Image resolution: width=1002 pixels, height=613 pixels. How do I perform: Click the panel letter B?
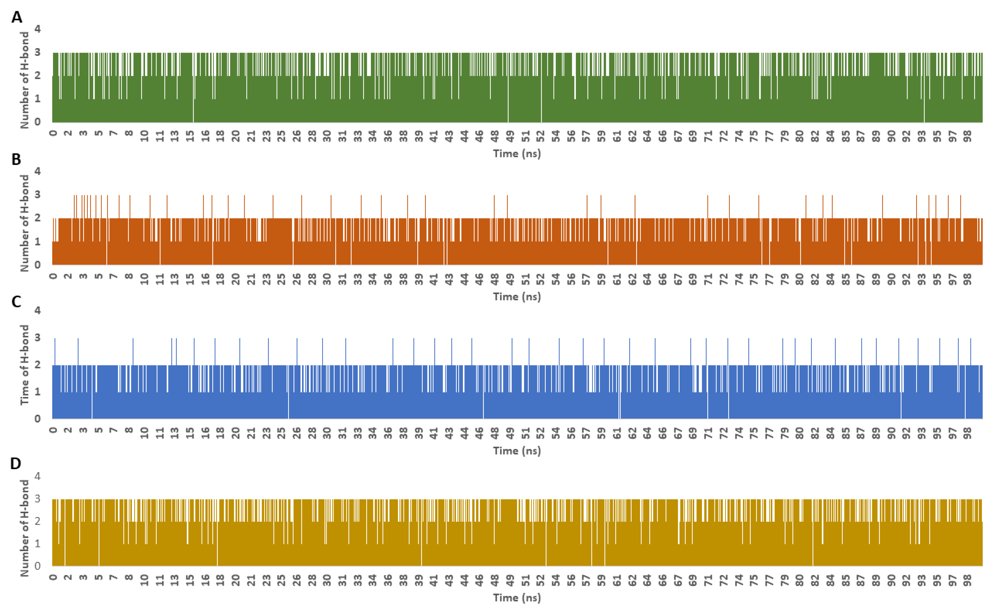pyautogui.click(x=16, y=159)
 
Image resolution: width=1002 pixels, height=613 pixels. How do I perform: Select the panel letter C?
pyautogui.click(x=16, y=302)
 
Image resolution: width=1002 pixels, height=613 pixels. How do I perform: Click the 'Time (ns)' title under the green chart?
pyautogui.click(x=517, y=154)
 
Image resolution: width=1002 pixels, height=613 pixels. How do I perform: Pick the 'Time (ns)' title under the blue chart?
pyautogui.click(x=517, y=451)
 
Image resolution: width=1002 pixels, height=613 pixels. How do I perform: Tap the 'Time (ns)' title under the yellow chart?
pyautogui.click(x=517, y=598)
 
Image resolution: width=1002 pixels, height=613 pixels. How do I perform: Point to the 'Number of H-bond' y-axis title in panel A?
pyautogui.click(x=24, y=80)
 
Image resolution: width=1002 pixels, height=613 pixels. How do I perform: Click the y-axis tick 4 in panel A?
pyautogui.click(x=37, y=29)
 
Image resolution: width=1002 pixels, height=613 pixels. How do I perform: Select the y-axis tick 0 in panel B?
pyautogui.click(x=37, y=265)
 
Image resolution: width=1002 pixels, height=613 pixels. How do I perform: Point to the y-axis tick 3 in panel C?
pyautogui.click(x=37, y=337)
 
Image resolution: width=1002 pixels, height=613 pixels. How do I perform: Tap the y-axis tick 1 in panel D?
pyautogui.click(x=37, y=543)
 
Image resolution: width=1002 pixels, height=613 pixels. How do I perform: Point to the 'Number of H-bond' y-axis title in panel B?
pyautogui.click(x=24, y=223)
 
